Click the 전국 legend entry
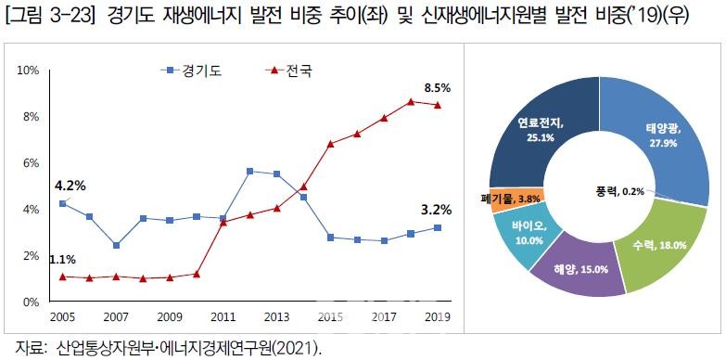[287, 71]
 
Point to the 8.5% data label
[437, 88]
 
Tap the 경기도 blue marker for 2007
[116, 246]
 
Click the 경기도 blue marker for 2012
[249, 172]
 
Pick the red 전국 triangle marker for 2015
[330, 144]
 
